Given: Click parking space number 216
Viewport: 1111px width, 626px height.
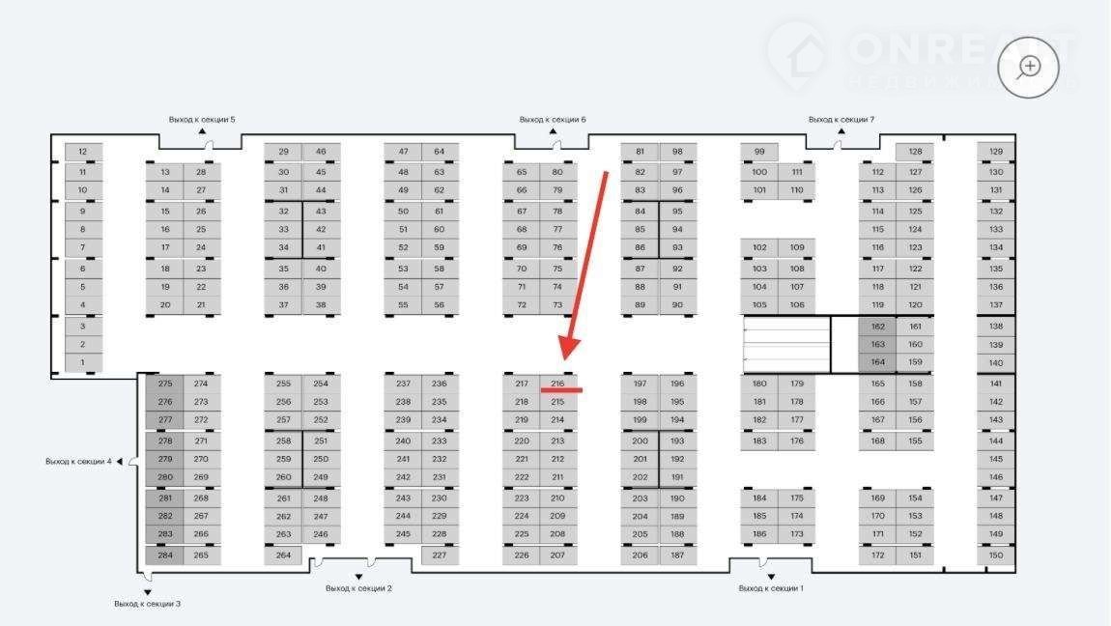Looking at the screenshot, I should click(x=557, y=384).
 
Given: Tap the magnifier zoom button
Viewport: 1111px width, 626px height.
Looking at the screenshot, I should click(x=1029, y=67).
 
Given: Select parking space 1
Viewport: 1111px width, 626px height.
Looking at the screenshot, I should click(x=83, y=363).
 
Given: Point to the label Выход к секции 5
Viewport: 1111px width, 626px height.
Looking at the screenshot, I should click(x=202, y=120).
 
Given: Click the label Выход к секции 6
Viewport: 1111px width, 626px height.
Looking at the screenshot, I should click(x=553, y=120).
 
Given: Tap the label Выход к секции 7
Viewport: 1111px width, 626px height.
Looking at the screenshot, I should click(x=841, y=120).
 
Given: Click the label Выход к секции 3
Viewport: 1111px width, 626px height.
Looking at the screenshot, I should click(x=147, y=604).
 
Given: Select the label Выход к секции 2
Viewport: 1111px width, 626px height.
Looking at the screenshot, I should click(x=358, y=588).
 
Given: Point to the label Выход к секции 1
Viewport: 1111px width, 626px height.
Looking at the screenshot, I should click(x=771, y=588).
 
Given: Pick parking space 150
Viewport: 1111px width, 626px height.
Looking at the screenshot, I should click(x=996, y=555).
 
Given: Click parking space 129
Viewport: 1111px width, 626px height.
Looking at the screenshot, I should click(x=996, y=152).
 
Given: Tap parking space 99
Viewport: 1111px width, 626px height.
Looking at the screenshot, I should click(x=759, y=152).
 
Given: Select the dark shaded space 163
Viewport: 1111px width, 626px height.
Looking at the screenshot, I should click(x=877, y=345).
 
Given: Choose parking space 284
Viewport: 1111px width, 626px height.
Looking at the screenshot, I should click(x=165, y=555).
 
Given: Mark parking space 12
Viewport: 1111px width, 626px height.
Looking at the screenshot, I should click(x=83, y=152).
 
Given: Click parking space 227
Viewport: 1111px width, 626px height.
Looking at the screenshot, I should click(x=440, y=555).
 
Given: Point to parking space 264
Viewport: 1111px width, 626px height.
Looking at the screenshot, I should click(x=283, y=555).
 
